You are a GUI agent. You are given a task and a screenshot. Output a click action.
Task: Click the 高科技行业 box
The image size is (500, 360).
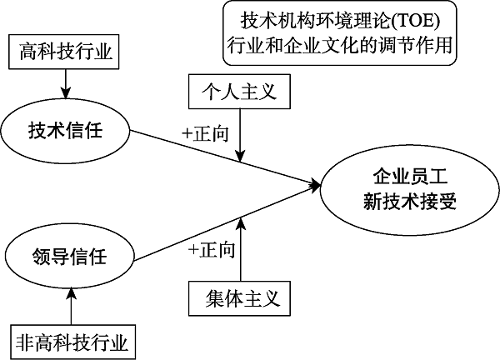click(x=65, y=53)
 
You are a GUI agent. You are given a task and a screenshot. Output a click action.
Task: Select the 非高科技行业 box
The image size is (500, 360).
click(x=73, y=342)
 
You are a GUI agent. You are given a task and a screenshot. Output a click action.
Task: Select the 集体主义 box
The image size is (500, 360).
click(x=240, y=296)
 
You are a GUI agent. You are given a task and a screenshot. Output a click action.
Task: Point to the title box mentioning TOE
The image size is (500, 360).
click(x=342, y=33)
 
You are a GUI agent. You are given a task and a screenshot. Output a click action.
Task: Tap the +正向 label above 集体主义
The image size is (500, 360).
click(x=212, y=248)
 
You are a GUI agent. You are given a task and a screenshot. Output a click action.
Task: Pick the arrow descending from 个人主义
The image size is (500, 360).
click(x=240, y=133)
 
